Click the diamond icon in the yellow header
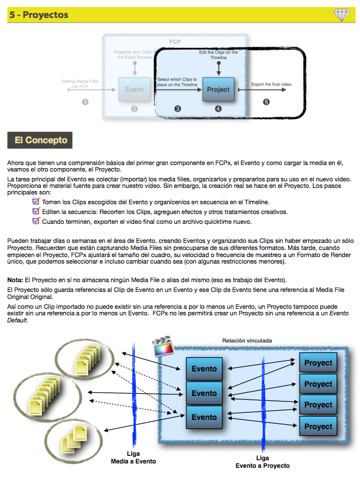point(341,15)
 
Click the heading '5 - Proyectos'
point(39,15)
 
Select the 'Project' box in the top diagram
point(218,89)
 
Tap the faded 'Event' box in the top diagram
point(134,89)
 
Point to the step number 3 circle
point(178,108)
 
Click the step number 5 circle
point(266,102)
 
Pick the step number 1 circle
point(84,102)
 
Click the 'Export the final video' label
point(271,84)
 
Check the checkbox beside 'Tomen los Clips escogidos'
point(36,202)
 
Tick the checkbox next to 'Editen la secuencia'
point(36,211)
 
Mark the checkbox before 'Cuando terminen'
point(36,221)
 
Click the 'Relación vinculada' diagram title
point(247,341)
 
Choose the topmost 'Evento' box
point(204,369)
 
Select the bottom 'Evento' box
point(204,417)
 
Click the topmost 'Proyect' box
point(318,363)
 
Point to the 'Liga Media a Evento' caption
point(134,457)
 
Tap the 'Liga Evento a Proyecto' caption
point(263,462)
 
